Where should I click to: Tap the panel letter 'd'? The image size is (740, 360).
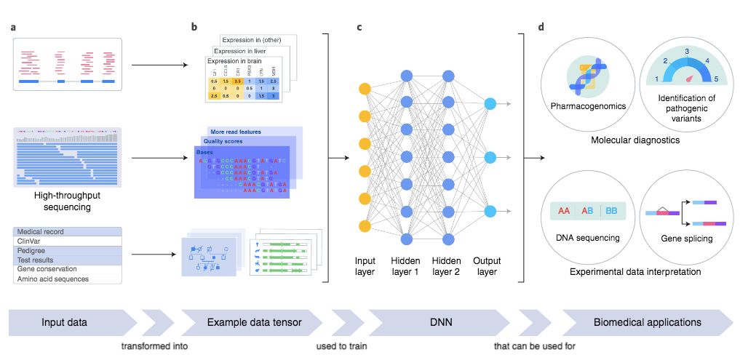tap(541, 28)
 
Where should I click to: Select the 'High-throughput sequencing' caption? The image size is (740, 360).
tap(66, 201)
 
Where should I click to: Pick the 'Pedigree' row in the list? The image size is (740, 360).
tap(31, 250)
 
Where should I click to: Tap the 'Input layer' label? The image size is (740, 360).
tap(365, 266)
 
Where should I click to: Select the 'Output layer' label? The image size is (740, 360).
tap(487, 266)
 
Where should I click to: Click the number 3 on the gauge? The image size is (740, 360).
tap(686, 52)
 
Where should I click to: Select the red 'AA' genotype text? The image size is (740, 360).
tap(565, 211)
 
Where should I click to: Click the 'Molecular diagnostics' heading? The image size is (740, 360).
tap(635, 140)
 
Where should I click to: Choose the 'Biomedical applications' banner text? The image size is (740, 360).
tap(647, 321)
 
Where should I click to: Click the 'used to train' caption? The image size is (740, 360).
tap(342, 345)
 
